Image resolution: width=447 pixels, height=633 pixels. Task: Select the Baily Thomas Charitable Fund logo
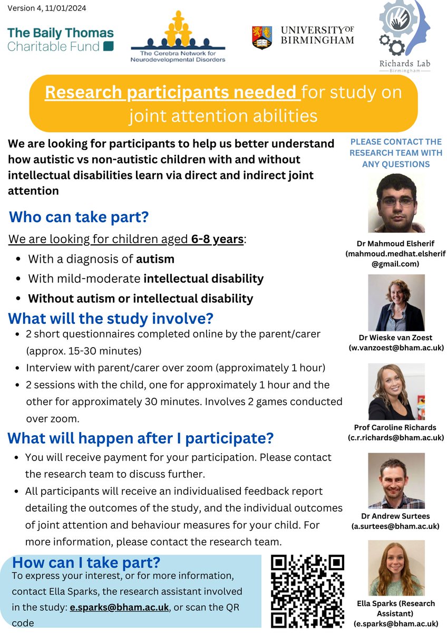coord(60,40)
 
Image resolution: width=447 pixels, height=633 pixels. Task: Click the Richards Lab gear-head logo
coord(404,32)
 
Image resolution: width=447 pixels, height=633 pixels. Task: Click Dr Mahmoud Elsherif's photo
coord(396,203)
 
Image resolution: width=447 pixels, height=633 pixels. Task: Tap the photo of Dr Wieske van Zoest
coord(396,303)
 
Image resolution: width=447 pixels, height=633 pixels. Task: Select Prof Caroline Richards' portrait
coord(396,391)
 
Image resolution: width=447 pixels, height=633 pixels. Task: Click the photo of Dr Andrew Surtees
coord(396,481)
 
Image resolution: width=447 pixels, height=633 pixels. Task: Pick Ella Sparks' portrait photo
coord(396,568)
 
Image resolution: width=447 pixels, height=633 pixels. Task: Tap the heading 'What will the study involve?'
coord(111,319)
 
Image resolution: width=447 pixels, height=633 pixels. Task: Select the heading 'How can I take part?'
coord(86,562)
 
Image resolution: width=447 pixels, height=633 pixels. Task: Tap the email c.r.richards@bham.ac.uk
coord(396,437)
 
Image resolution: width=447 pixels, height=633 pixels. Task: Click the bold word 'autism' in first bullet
coord(155,259)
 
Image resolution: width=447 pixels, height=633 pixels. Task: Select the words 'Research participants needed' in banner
coord(170,92)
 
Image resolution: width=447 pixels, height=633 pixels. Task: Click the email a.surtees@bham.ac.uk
coord(396,526)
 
